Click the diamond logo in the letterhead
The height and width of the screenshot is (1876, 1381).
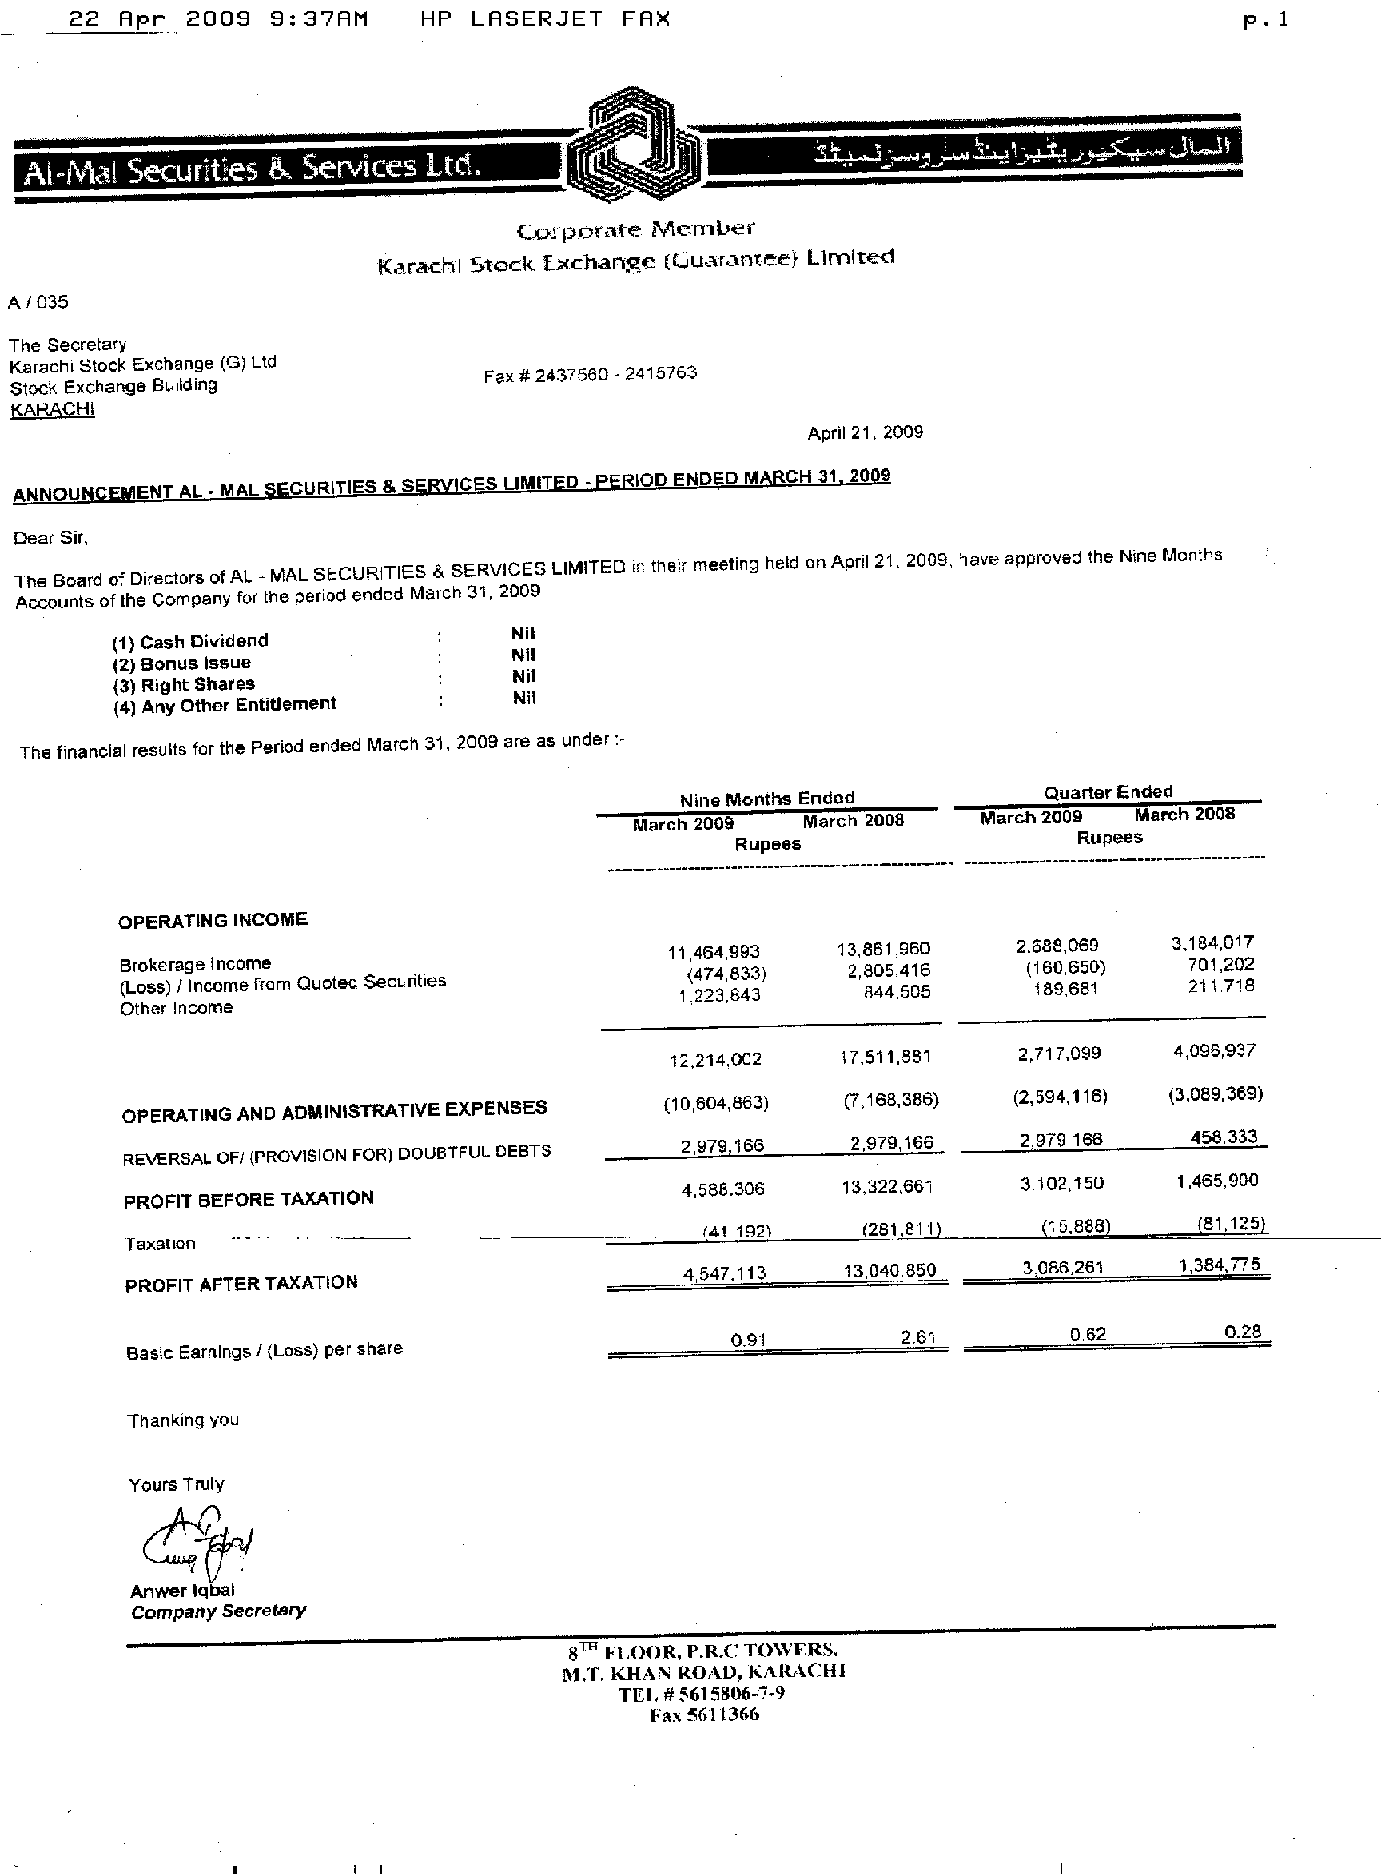633,145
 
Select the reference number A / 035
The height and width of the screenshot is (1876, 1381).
38,302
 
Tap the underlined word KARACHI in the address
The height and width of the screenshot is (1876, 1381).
52,409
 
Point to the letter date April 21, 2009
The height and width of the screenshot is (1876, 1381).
865,432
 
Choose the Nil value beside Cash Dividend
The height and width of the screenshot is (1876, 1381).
523,634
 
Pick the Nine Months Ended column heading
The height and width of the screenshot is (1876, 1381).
766,799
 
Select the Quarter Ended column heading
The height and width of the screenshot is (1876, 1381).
1108,791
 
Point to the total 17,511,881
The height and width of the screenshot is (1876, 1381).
885,1057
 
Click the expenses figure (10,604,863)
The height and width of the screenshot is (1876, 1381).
715,1103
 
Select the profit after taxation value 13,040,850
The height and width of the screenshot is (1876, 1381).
889,1270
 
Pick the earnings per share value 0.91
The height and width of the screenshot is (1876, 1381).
748,1340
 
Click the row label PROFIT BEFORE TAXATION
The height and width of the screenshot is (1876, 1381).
249,1200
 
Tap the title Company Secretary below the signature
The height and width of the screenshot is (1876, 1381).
218,1611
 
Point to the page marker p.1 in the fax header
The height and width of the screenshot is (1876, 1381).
1266,21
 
